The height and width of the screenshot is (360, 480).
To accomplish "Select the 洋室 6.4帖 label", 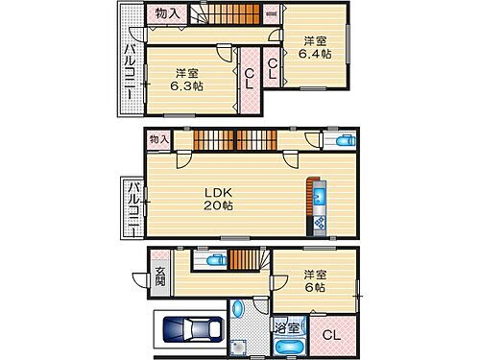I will (x=316, y=48).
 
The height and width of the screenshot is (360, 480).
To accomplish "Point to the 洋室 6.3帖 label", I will (x=187, y=79).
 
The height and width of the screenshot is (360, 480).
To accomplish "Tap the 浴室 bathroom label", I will (x=287, y=327).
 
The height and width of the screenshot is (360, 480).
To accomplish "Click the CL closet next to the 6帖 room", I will (x=330, y=335).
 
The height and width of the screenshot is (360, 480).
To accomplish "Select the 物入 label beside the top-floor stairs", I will (x=167, y=13).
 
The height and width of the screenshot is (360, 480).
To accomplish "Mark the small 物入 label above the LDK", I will (x=158, y=140).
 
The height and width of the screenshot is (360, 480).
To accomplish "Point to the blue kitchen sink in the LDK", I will (x=320, y=199).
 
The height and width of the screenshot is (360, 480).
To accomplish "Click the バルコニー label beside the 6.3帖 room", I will (x=128, y=65).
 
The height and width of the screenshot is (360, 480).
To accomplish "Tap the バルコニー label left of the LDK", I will (x=134, y=207).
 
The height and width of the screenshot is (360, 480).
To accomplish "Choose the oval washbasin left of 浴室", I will (x=238, y=310).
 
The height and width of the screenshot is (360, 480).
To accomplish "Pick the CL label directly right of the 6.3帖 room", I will (x=249, y=78).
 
